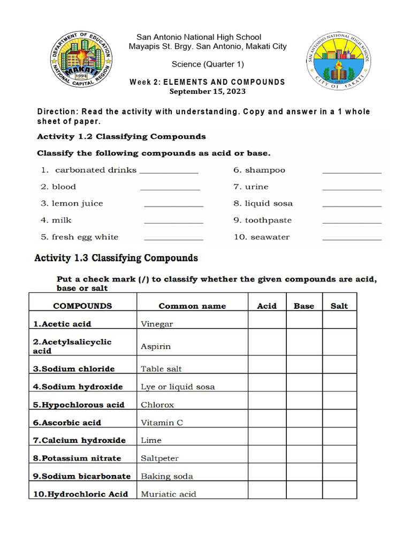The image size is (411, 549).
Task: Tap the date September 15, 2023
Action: [208, 91]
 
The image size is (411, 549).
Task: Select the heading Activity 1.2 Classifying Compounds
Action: [121, 136]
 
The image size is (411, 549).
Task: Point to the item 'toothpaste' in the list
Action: [268, 220]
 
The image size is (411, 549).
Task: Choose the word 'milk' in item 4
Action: [62, 220]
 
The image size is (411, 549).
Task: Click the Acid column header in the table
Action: [267, 306]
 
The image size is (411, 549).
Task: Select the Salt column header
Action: [339, 306]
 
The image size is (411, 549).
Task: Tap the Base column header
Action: [304, 306]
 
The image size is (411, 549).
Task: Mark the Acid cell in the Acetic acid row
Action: [267, 320]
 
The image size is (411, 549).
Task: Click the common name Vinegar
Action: [157, 324]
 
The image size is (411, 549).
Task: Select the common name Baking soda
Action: [167, 476]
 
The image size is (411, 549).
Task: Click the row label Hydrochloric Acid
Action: [80, 494]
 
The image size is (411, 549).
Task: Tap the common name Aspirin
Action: [156, 346]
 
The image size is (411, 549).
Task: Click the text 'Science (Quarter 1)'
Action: [208, 64]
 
